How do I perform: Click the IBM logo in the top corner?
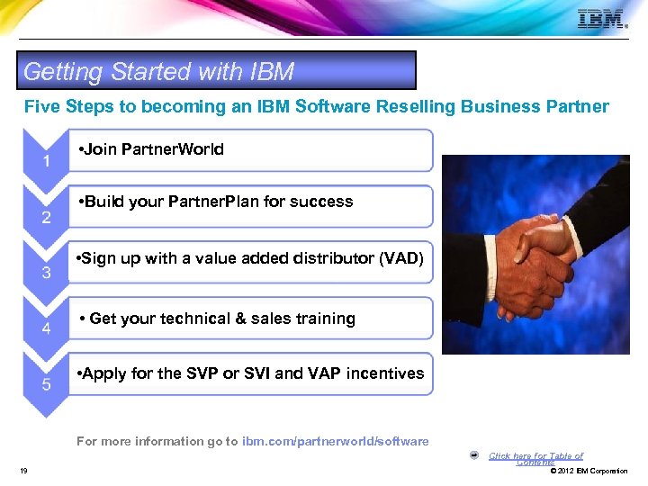point(602,19)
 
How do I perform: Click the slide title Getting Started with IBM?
point(158,71)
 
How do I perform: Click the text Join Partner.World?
point(152,149)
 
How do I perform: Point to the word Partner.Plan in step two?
point(209,202)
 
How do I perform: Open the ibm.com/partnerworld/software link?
point(336,441)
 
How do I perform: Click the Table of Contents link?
point(535,458)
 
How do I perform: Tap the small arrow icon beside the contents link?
point(474,454)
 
